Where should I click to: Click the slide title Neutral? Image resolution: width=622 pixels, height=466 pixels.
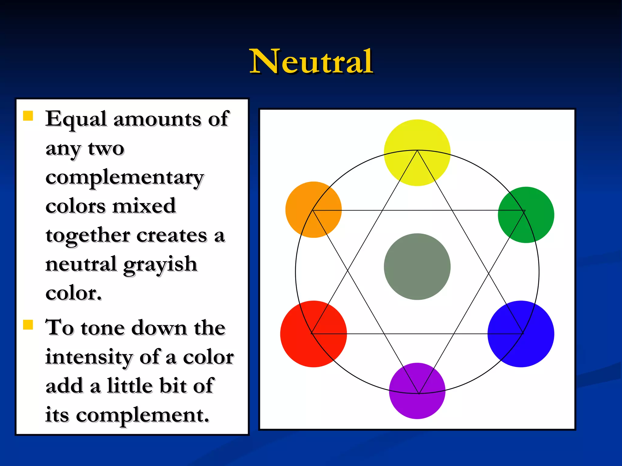pyautogui.click(x=311, y=62)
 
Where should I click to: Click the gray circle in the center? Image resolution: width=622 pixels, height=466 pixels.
pyautogui.click(x=417, y=267)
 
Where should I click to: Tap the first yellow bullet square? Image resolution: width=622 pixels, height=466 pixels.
pyautogui.click(x=28, y=116)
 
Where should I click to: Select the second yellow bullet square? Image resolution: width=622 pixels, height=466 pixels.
pyautogui.click(x=28, y=325)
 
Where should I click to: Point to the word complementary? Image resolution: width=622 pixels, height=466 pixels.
pyautogui.click(x=125, y=177)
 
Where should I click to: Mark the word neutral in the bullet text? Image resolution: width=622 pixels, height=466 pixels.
pyautogui.click(x=81, y=264)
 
